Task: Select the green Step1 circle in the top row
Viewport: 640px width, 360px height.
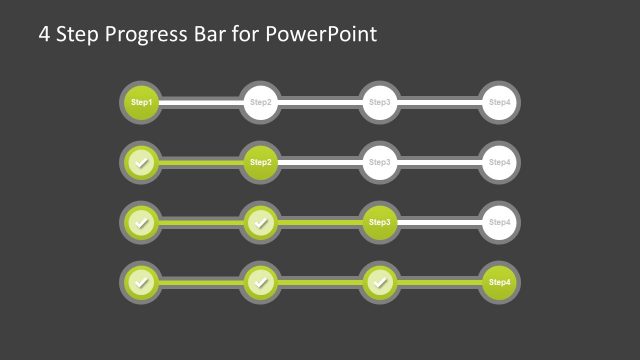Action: [x=141, y=102]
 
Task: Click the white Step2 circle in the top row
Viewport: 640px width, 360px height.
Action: [x=260, y=102]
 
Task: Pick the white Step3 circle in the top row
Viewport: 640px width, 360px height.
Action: [x=379, y=102]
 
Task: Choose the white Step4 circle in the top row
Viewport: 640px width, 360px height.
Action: [x=499, y=102]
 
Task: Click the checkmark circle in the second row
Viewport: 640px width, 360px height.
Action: [x=141, y=162]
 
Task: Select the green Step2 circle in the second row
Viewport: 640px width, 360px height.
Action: [x=260, y=162]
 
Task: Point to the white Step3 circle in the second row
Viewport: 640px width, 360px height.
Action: [x=379, y=162]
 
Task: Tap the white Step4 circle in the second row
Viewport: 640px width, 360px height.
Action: [x=499, y=162]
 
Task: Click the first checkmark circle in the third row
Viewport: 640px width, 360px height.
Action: [x=141, y=222]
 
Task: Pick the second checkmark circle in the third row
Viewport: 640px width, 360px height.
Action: [x=260, y=222]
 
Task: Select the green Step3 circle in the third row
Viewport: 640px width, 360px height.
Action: [x=379, y=222]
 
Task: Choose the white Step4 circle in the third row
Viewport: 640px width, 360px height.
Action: [x=499, y=222]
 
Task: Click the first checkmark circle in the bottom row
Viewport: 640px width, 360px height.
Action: [x=141, y=283]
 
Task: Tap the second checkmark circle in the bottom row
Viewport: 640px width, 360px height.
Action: [x=260, y=283]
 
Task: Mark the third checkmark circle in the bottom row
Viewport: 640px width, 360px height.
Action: [x=379, y=283]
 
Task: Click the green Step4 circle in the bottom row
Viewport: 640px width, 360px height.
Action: [x=499, y=283]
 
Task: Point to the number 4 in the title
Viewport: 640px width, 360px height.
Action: [x=44, y=35]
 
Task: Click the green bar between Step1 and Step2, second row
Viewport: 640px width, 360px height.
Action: [x=200, y=162]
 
